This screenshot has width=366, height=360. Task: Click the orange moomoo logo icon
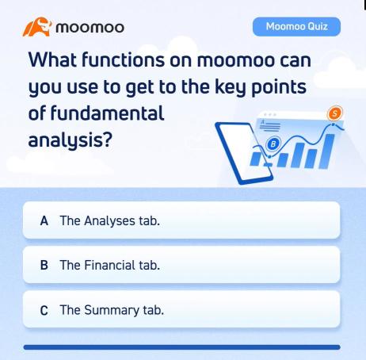pos(36,29)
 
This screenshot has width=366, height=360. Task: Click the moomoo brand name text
pos(90,29)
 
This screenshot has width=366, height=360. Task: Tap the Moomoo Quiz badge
pos(296,27)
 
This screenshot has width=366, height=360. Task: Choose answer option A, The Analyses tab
pos(182,220)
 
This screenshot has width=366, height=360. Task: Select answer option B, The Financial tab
pos(182,265)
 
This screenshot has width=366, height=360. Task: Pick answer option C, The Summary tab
pos(182,309)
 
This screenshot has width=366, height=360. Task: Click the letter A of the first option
pos(45,220)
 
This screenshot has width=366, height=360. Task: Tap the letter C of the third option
pos(45,310)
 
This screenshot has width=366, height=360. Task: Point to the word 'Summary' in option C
pos(112,310)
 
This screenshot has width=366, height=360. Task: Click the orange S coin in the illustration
pos(335,114)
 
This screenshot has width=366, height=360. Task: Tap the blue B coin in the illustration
pos(273,144)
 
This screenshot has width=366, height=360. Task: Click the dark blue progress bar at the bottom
pos(182,347)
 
